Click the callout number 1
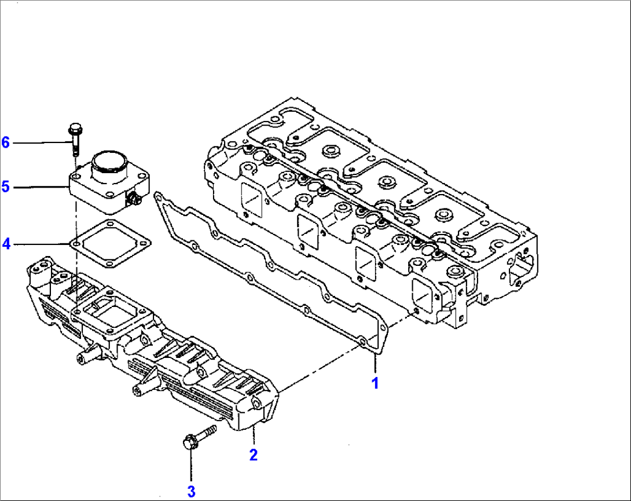click(375, 383)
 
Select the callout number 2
click(253, 455)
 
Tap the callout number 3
click(191, 492)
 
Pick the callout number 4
click(6, 244)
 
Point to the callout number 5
click(6, 186)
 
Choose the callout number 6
click(6, 142)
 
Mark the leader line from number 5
click(41, 187)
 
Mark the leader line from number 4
click(41, 244)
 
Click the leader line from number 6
click(41, 142)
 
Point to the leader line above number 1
click(375, 362)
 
